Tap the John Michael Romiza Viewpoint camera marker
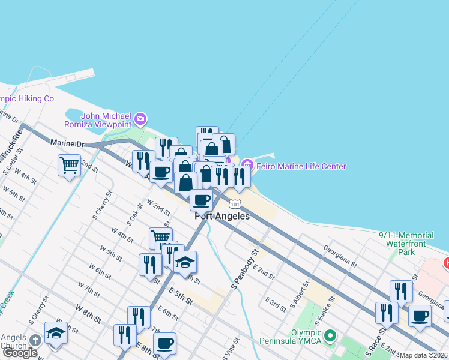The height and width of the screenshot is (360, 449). (x=140, y=119)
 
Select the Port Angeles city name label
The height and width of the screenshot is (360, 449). (x=221, y=217)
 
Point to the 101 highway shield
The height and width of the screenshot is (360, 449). (x=236, y=205)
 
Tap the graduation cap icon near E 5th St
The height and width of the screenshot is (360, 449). (x=185, y=262)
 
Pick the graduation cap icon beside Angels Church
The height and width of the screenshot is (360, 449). (x=56, y=332)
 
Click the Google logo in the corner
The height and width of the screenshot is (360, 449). (x=20, y=353)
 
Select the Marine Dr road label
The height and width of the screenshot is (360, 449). (x=70, y=143)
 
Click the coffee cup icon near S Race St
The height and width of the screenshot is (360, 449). (x=420, y=314)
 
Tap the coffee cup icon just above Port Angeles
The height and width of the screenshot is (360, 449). (x=201, y=200)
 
